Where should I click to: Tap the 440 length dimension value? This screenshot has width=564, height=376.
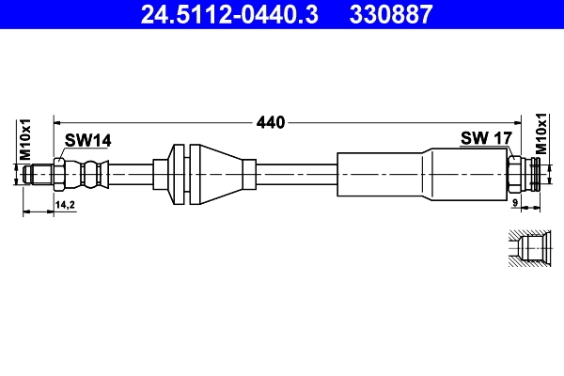tap(270, 122)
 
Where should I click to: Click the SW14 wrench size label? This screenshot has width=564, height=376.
tap(87, 140)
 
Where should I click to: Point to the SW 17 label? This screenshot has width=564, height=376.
tap(485, 138)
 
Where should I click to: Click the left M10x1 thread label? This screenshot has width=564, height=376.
tap(26, 139)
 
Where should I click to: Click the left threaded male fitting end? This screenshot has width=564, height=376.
tap(39, 174)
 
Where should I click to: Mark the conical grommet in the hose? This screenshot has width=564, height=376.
tap(222, 174)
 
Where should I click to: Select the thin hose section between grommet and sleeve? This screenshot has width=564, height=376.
tap(296, 174)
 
